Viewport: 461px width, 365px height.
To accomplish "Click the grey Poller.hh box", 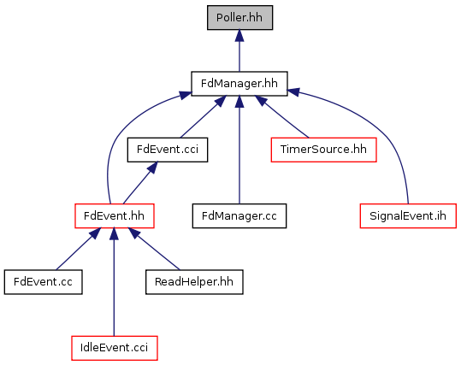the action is tap(239, 18).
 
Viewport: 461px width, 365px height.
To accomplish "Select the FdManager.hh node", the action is tap(239, 84).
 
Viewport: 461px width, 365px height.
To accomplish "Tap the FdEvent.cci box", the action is tap(168, 150).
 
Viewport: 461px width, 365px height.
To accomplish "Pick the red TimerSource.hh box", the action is tap(323, 150).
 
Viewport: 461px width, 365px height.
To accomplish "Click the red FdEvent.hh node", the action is tap(115, 215).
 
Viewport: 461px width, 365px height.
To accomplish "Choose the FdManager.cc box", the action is tap(239, 215).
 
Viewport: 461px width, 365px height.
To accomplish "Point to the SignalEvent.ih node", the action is tap(408, 215).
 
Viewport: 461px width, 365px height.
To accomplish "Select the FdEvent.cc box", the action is tap(44, 282).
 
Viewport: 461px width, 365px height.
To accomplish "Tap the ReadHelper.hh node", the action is tap(194, 282).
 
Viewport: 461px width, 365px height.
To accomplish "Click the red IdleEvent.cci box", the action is tap(115, 348).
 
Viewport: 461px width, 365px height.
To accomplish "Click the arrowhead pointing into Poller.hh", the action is tap(239, 35).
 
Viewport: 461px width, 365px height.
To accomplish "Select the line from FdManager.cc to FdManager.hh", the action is tap(239, 150).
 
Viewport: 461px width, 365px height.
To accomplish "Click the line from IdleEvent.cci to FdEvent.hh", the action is tap(114, 282).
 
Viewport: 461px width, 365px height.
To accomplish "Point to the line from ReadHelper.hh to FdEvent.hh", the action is tap(154, 249).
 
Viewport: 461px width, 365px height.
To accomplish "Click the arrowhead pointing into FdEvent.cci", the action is tap(153, 168).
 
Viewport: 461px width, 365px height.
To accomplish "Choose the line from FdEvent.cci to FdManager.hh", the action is tap(204, 116).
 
